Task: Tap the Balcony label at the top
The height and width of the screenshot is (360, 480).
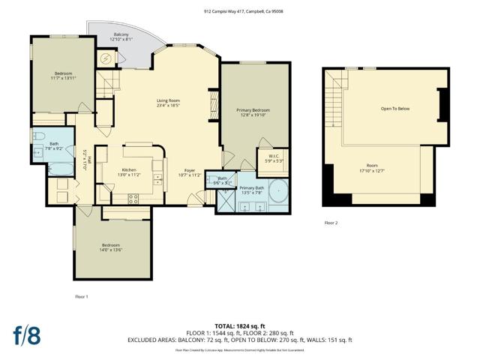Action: pyautogui.click(x=121, y=35)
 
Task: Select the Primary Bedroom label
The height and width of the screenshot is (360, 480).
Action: pyautogui.click(x=253, y=110)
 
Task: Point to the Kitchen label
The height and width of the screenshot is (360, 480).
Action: pyautogui.click(x=129, y=169)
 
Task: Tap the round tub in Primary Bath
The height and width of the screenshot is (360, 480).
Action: pyautogui.click(x=278, y=193)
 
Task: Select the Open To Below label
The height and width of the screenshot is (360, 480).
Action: pyautogui.click(x=393, y=108)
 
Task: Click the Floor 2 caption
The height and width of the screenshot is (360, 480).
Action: pyautogui.click(x=331, y=223)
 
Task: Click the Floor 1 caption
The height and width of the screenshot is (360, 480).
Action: pyautogui.click(x=82, y=296)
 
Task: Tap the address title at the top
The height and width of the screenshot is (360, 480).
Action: pyautogui.click(x=240, y=11)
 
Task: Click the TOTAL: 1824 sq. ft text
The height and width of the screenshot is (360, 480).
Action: pyautogui.click(x=239, y=325)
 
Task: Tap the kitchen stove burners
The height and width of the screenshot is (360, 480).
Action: pyautogui.click(x=134, y=199)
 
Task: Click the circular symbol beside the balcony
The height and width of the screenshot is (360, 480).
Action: pyautogui.click(x=106, y=58)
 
